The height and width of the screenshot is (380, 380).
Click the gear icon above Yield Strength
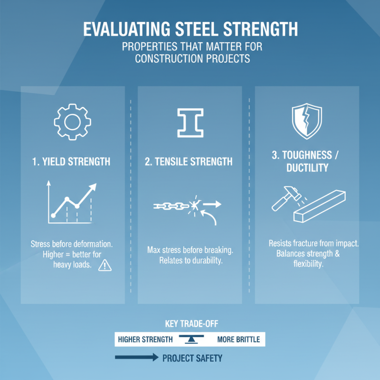[x=72, y=121]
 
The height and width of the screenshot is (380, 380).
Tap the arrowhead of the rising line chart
[x=93, y=186]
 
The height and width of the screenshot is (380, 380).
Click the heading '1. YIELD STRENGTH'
[x=72, y=162]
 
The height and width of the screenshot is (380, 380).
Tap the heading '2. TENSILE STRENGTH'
[x=189, y=162]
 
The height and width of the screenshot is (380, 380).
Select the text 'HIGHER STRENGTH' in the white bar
[x=145, y=340]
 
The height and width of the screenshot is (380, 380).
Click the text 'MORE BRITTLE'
[x=238, y=340]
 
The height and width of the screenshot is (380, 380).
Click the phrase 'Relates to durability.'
[x=190, y=260]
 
